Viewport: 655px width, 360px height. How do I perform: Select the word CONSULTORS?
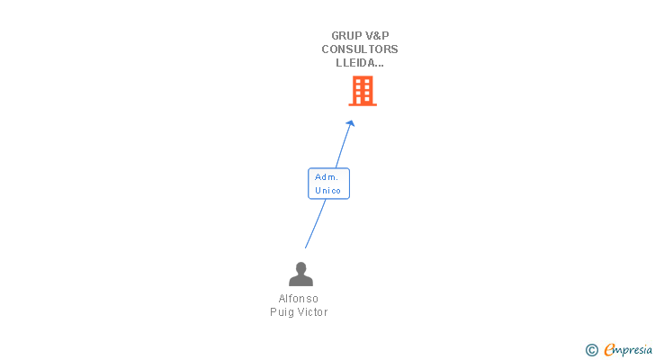(360, 49)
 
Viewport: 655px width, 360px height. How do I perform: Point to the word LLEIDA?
(356, 63)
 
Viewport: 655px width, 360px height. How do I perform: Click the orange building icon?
(363, 91)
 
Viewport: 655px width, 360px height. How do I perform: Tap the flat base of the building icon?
(363, 104)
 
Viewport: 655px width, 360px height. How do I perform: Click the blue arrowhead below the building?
(351, 123)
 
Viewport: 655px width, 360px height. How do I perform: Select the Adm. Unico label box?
(328, 184)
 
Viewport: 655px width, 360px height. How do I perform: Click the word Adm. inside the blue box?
(327, 177)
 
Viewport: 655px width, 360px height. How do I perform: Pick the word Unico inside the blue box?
(327, 191)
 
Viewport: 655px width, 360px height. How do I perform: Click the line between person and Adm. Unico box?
(316, 223)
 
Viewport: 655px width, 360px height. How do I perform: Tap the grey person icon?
(301, 274)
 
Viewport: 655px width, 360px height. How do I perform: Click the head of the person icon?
(301, 267)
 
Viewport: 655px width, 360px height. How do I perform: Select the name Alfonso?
(299, 299)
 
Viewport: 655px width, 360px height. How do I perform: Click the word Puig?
(282, 312)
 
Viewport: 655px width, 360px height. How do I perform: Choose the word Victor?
(313, 312)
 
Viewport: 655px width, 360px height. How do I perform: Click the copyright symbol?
(592, 350)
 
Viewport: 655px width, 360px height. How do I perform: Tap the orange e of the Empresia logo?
(610, 349)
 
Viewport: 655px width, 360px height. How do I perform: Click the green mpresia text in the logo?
(634, 350)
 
